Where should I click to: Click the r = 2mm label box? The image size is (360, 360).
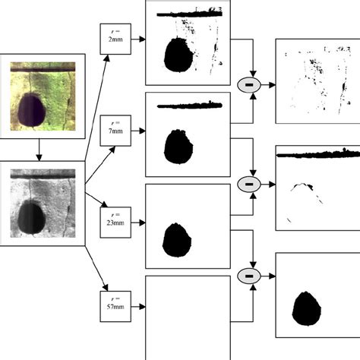[x=115, y=39]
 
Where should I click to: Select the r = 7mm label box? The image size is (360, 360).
[x=115, y=131]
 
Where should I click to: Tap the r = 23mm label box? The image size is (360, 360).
[x=115, y=223]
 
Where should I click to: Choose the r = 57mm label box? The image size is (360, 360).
[x=115, y=306]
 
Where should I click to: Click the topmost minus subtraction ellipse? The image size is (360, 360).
[x=249, y=85]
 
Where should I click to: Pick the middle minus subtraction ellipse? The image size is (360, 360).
[x=249, y=185]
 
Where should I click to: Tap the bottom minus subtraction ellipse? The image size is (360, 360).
[x=249, y=276]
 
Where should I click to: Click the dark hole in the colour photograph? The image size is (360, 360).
[x=32, y=110]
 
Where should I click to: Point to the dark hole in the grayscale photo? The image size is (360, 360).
[x=32, y=216]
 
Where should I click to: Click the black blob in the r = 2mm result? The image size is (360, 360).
[x=178, y=55]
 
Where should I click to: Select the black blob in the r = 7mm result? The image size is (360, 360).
[x=178, y=147]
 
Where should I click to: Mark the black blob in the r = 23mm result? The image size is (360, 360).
[x=177, y=240]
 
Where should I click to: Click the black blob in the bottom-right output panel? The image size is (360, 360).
[x=307, y=308]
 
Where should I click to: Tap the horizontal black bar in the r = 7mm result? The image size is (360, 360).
[x=190, y=106]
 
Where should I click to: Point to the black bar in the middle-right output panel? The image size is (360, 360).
[x=318, y=154]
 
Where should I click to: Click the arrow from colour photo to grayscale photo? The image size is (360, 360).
[x=39, y=150]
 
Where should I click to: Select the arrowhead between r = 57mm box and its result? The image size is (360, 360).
[x=143, y=307]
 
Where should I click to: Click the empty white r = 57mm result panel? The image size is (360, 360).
[x=188, y=317]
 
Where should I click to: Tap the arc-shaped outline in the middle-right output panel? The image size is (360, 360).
[x=302, y=187]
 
